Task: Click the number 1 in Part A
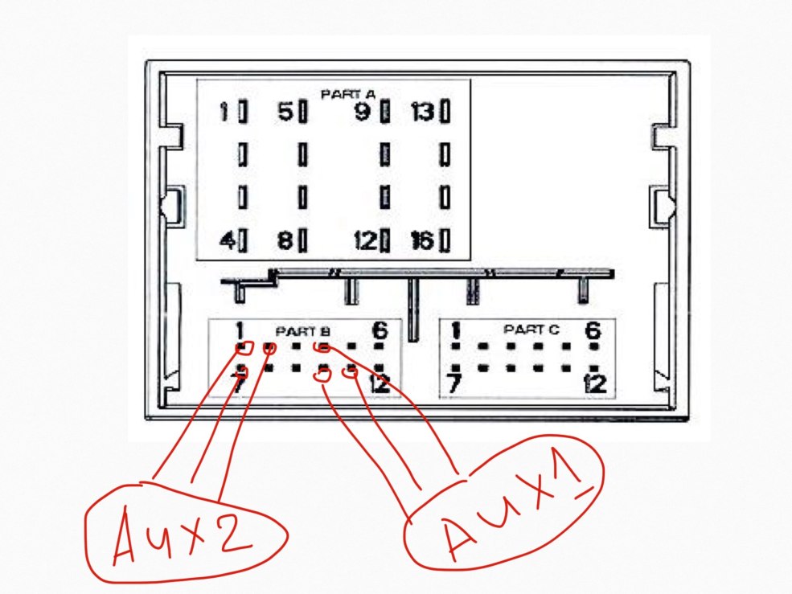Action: pos(225,112)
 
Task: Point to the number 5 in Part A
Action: pos(285,112)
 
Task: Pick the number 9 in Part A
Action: pos(364,112)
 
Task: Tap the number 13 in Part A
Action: pos(421,112)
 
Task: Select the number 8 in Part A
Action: pos(285,240)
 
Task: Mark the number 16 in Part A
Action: pos(421,240)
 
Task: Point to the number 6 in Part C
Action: pos(593,330)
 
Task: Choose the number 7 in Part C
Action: pos(455,384)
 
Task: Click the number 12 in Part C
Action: pos(596,383)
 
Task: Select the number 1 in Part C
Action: pos(456,330)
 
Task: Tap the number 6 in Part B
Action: pos(379,330)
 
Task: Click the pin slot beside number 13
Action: pos(443,112)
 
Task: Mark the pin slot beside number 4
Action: pos(242,240)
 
